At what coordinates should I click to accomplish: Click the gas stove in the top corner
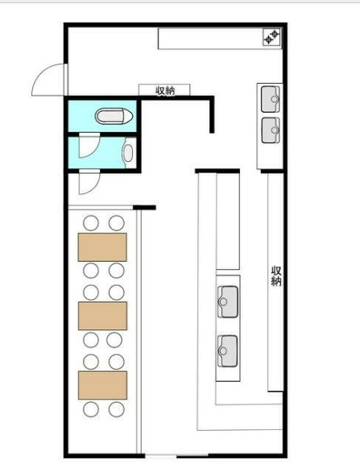(272, 37)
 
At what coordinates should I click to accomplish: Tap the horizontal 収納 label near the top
(165, 90)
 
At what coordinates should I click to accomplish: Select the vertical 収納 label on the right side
(276, 276)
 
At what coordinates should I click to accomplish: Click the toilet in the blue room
(114, 116)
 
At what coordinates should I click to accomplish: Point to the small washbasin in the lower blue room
(128, 153)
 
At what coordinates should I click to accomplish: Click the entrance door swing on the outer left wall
(48, 80)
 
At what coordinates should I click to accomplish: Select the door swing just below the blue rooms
(89, 182)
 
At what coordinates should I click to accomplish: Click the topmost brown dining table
(102, 247)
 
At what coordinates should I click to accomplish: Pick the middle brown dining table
(102, 316)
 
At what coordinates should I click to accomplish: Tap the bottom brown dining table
(102, 385)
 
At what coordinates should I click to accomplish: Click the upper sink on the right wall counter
(270, 99)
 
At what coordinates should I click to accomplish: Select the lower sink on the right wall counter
(270, 130)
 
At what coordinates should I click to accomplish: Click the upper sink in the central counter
(228, 302)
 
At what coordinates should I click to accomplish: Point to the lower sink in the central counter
(228, 351)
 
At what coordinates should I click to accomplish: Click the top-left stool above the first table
(91, 223)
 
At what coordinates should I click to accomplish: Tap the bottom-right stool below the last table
(117, 409)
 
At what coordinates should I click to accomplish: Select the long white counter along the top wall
(220, 38)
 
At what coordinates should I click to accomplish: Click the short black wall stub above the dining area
(144, 208)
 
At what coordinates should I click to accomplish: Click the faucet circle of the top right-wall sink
(275, 99)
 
